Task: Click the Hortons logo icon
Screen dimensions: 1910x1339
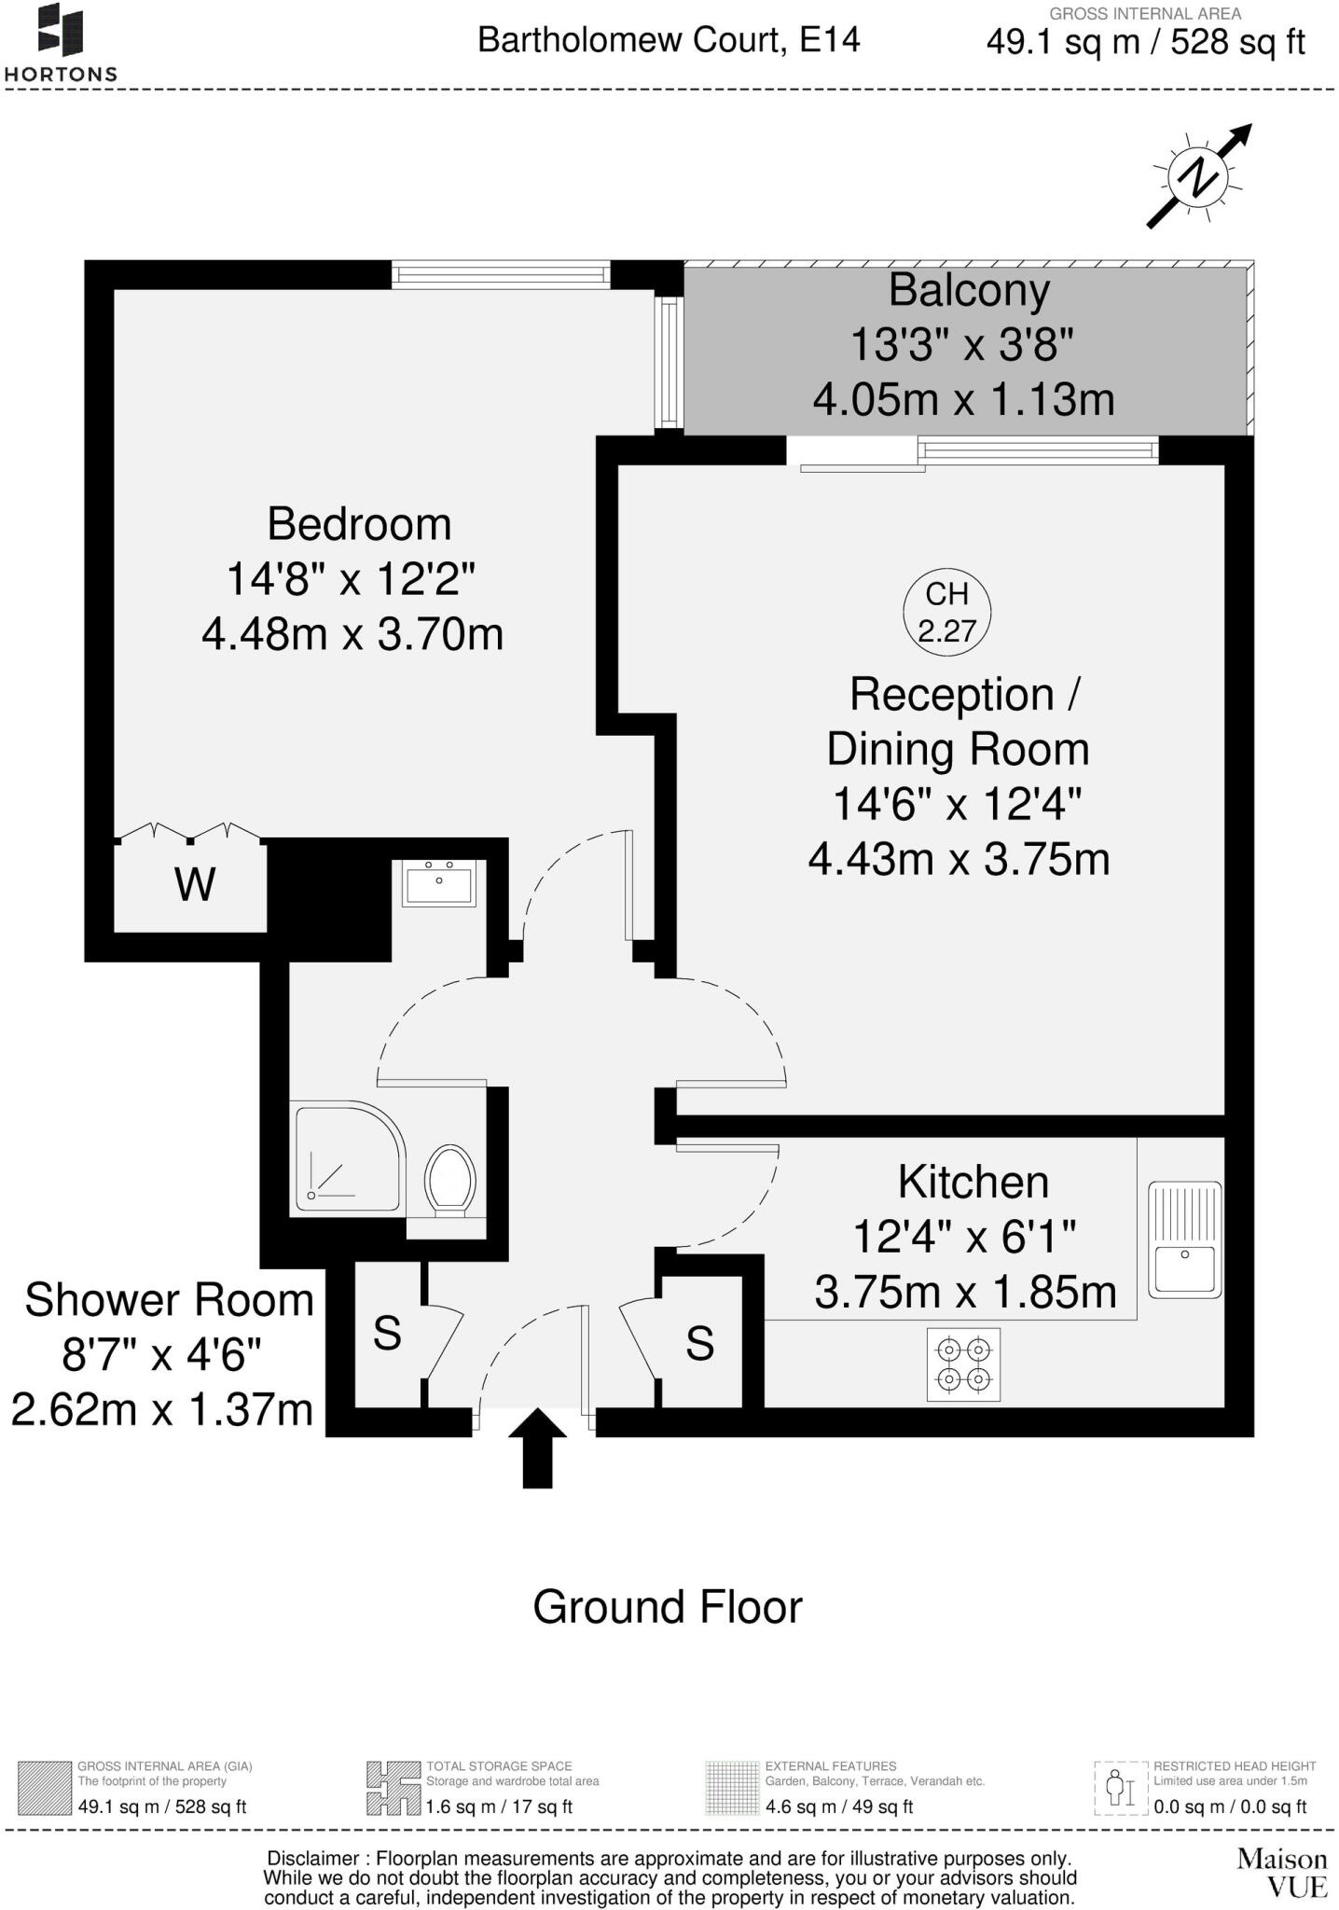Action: click(61, 30)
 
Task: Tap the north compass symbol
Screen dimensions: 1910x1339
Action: click(1198, 176)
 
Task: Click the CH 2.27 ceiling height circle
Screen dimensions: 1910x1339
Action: click(946, 613)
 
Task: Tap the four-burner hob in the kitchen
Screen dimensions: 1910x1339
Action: click(963, 1363)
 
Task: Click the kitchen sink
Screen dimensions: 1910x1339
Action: click(1185, 1239)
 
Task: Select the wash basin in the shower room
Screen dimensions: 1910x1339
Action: click(439, 882)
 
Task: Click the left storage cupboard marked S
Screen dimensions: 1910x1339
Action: click(387, 1334)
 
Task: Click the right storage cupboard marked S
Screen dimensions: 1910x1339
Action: click(699, 1343)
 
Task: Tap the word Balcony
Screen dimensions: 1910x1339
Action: click(969, 290)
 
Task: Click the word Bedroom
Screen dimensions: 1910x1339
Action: click(359, 524)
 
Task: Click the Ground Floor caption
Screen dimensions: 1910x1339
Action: click(667, 1607)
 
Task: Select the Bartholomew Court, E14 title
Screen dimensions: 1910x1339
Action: click(669, 40)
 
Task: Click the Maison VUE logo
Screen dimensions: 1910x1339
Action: click(1282, 1873)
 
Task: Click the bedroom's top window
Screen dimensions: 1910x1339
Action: click(501, 275)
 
